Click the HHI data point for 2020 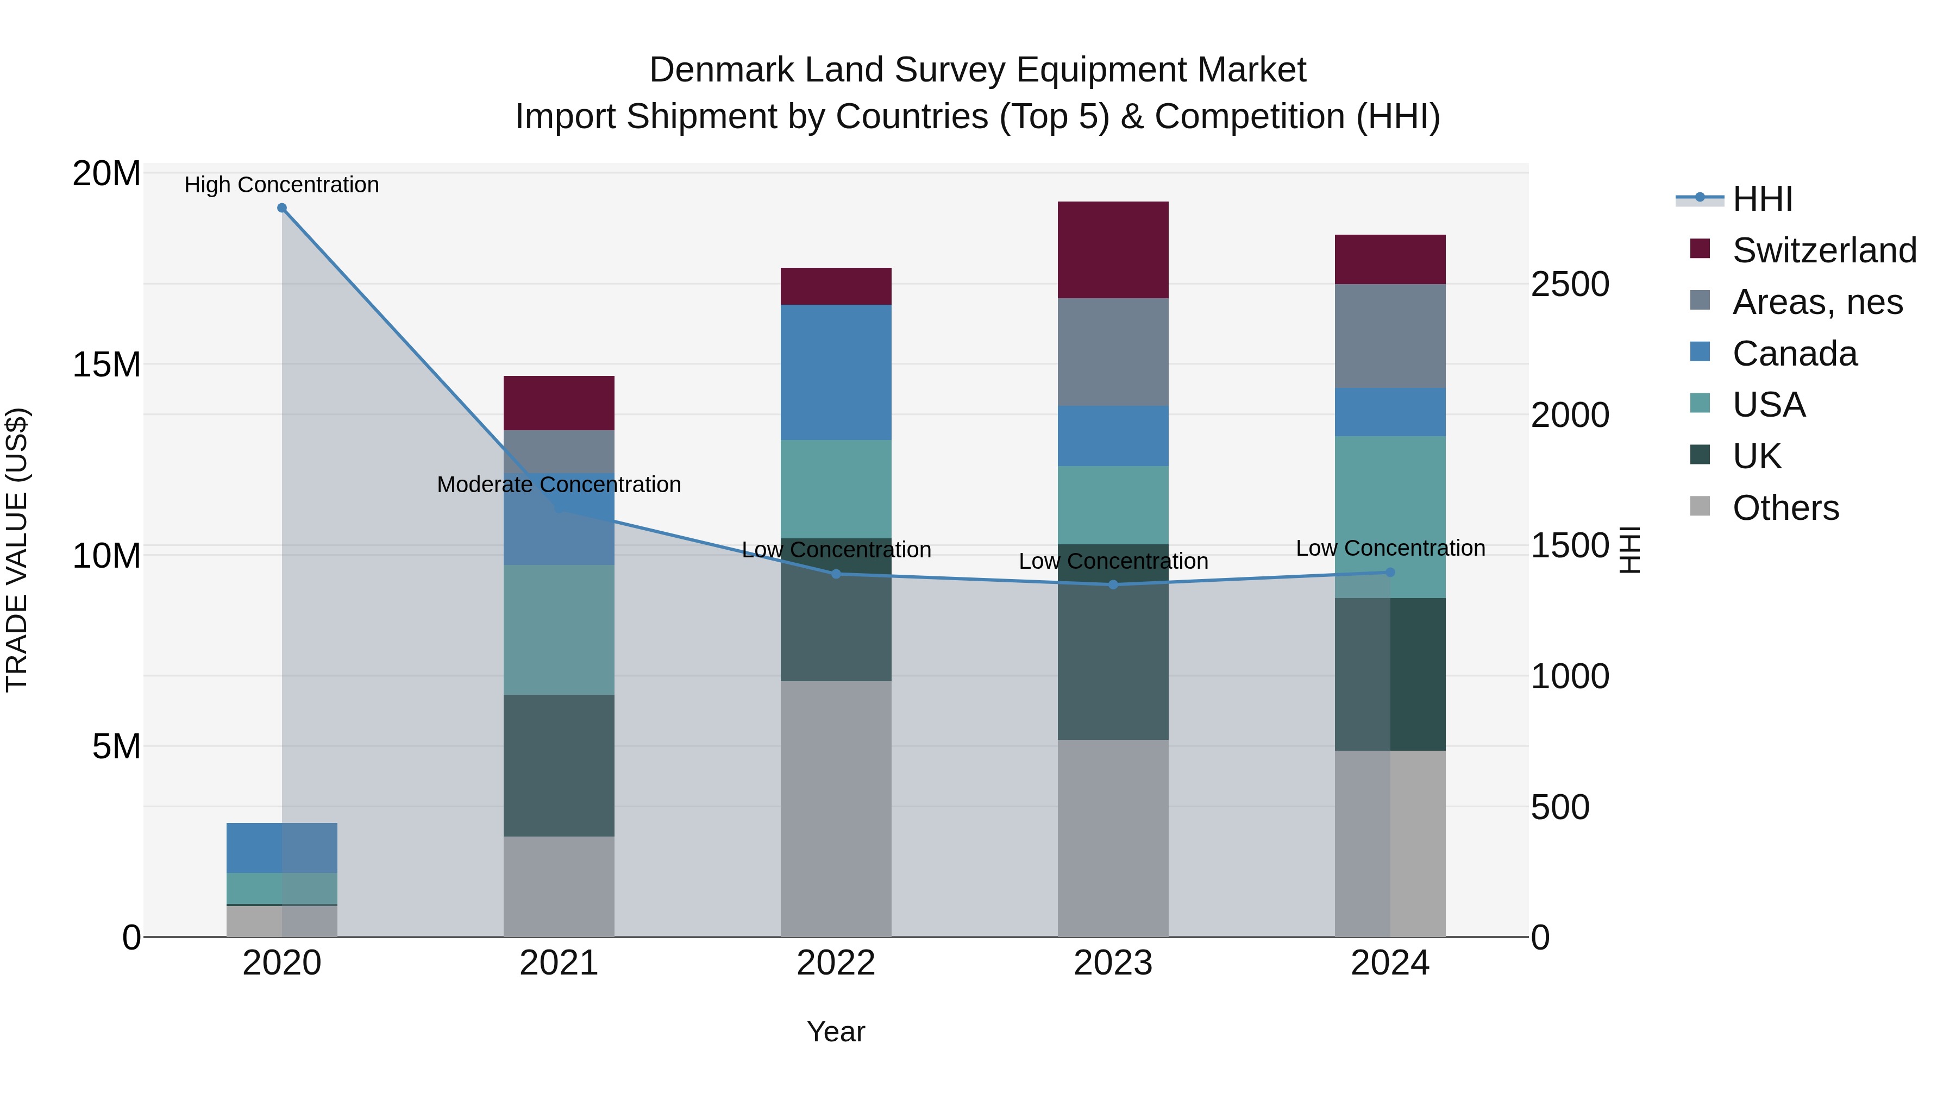(x=281, y=208)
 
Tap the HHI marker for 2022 (x=836, y=574)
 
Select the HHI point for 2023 (x=1113, y=584)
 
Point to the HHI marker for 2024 (x=1390, y=573)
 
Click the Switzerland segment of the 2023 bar (x=1113, y=250)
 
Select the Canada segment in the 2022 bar (x=836, y=372)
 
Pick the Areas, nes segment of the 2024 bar (x=1390, y=336)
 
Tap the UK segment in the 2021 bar (x=559, y=765)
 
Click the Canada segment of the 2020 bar (x=281, y=847)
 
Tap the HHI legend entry (x=1761, y=199)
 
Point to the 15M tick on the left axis (x=106, y=364)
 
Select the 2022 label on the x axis (x=836, y=963)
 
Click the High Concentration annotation (x=281, y=185)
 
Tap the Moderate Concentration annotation (x=559, y=485)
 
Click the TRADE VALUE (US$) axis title (x=17, y=550)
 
